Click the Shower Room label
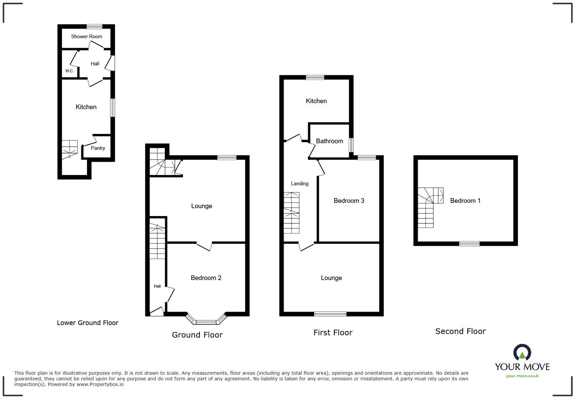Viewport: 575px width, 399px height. pos(87,36)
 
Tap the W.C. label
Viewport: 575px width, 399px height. pos(69,71)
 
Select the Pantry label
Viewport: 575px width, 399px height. pos(98,148)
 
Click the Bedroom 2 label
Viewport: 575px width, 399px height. pos(206,278)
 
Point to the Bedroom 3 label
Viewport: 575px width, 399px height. pos(349,201)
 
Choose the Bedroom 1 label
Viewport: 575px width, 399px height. pos(465,201)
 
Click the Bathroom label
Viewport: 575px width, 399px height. pos(329,141)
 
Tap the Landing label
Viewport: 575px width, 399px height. pos(300,184)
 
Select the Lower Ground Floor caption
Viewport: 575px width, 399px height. pos(88,323)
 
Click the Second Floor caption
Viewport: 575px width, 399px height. pos(461,331)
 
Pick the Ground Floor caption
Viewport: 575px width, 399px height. pos(197,335)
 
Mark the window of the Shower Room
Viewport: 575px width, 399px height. pos(94,26)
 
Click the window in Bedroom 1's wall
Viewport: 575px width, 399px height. pos(469,244)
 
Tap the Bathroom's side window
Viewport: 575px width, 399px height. pos(351,145)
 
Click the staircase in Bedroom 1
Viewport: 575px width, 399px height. pos(430,208)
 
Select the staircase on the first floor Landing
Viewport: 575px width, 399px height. pos(291,213)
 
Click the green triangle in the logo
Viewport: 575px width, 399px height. pos(522,355)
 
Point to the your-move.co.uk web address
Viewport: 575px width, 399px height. pos(522,376)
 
